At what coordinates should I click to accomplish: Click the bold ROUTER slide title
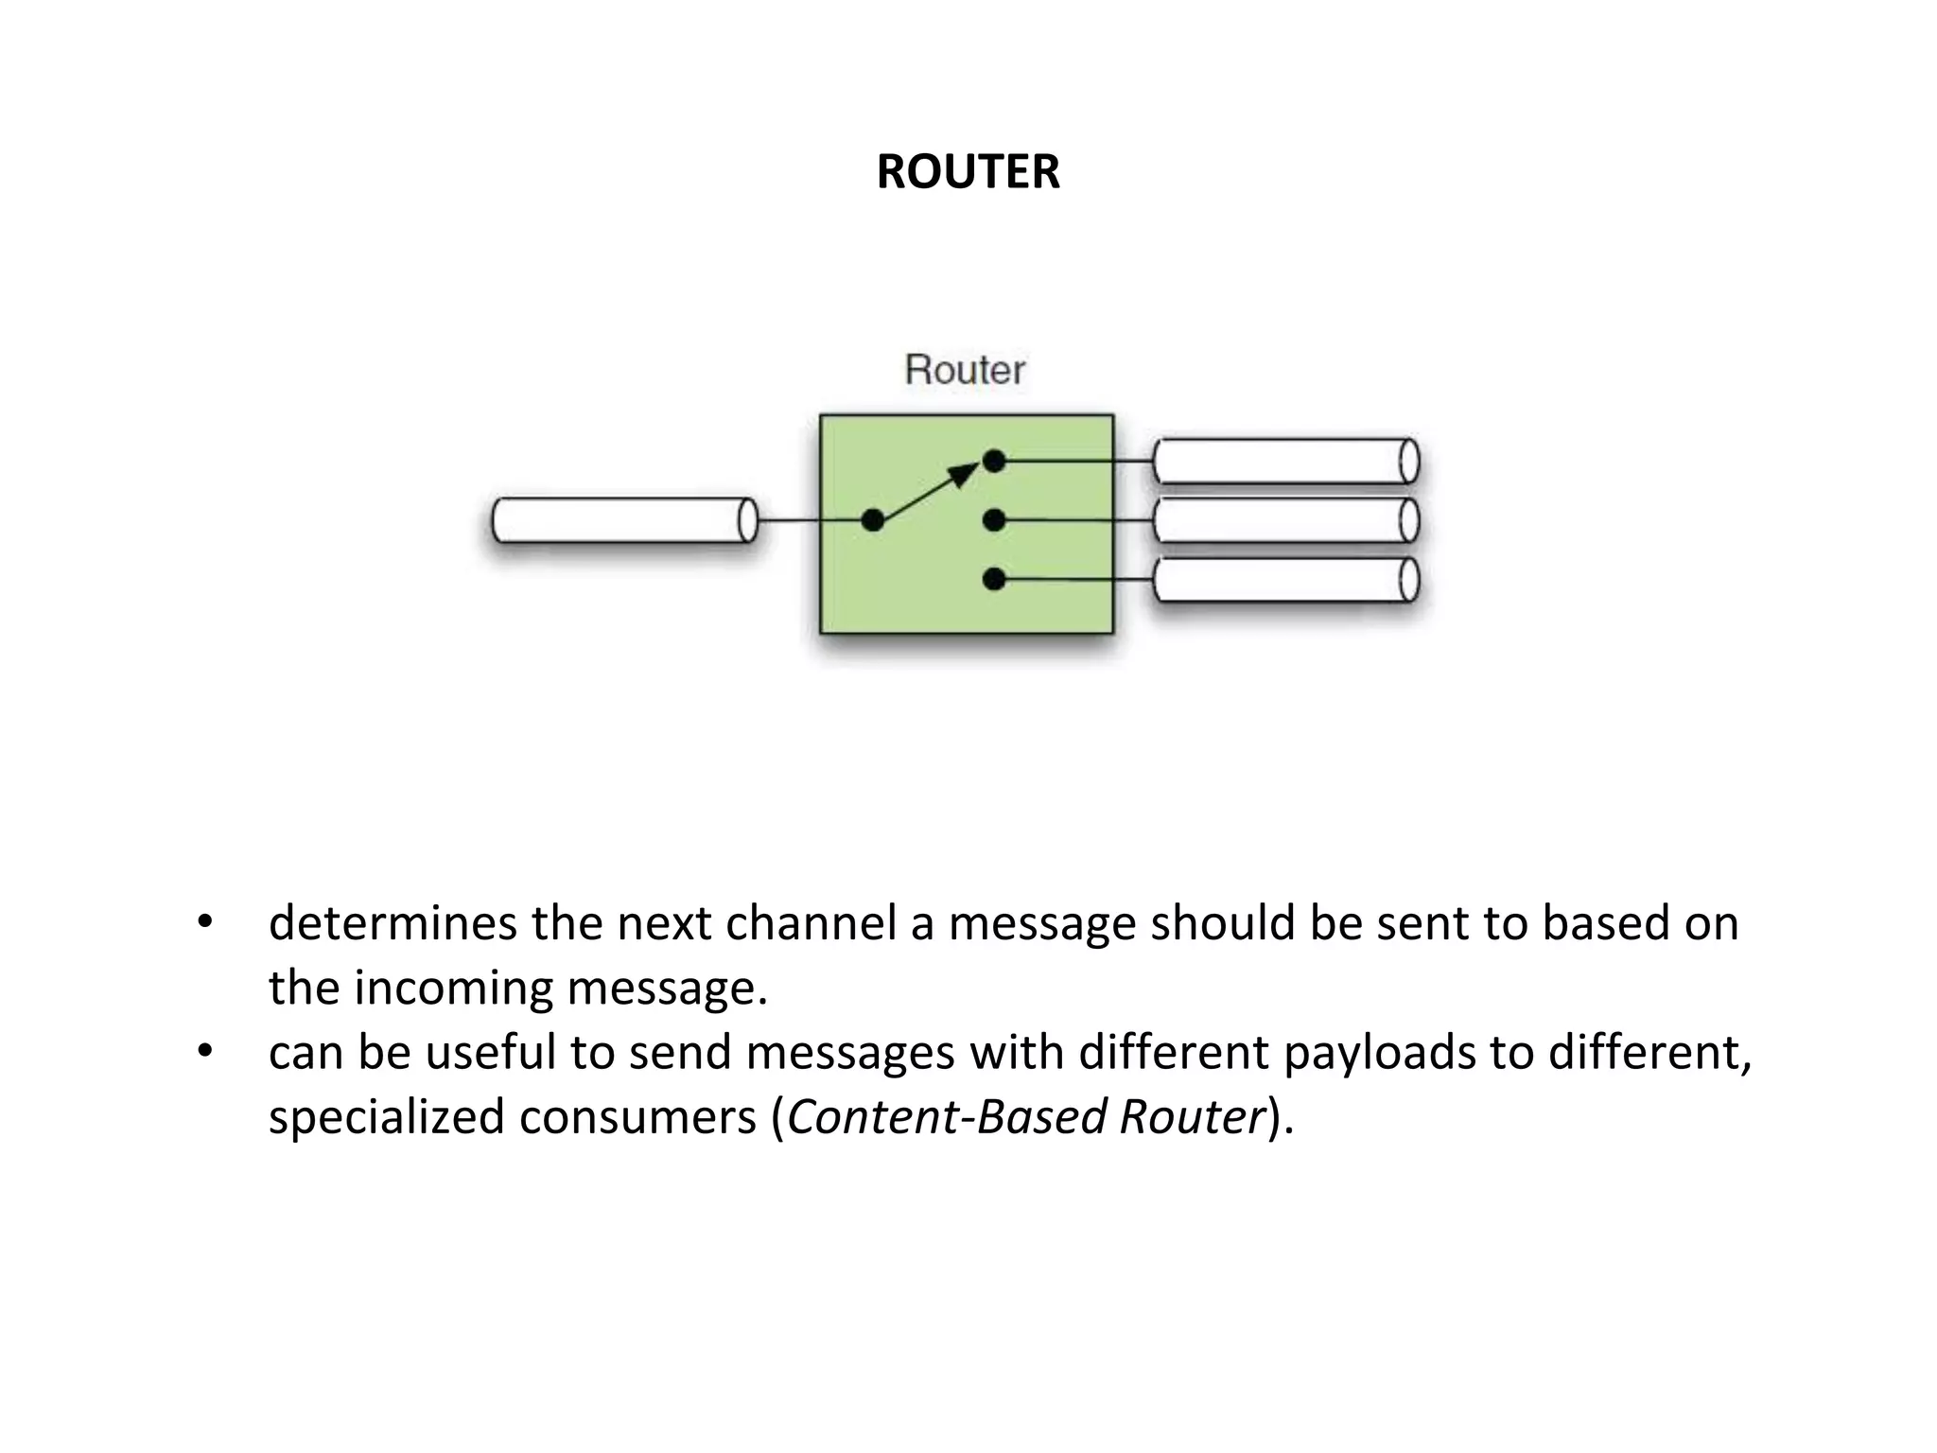pyautogui.click(x=968, y=172)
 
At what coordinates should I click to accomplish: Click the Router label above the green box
pyautogui.click(x=964, y=370)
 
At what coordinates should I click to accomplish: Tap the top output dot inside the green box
pyautogui.click(x=994, y=462)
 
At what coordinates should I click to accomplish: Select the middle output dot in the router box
pyautogui.click(x=994, y=520)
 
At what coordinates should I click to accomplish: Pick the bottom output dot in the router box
pyautogui.click(x=994, y=579)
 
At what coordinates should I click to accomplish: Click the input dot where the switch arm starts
pyautogui.click(x=873, y=520)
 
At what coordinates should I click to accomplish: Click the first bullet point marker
pyautogui.click(x=204, y=922)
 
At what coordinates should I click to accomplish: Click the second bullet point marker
pyautogui.click(x=204, y=1052)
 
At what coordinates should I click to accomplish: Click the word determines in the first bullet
pyautogui.click(x=393, y=923)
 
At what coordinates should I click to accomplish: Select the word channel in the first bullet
pyautogui.click(x=811, y=923)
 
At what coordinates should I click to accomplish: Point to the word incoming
pyautogui.click(x=453, y=988)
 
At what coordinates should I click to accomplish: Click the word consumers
pyautogui.click(x=638, y=1117)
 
